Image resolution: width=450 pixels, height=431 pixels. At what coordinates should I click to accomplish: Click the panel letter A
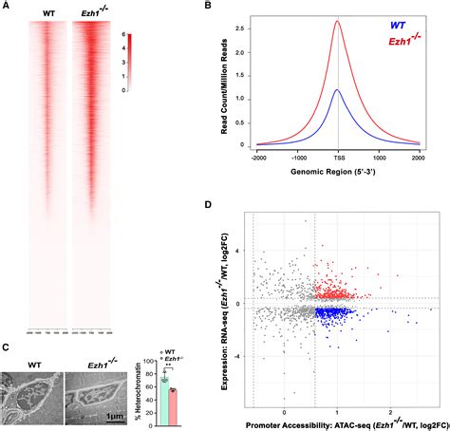pos(7,7)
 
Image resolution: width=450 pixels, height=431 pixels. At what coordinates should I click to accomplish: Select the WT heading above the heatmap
pos(49,13)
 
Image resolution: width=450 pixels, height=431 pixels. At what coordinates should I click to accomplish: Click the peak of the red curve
pos(338,22)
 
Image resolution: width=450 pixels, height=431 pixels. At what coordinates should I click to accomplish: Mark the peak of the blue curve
pos(338,90)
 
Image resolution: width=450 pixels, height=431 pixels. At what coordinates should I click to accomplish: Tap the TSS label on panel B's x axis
pos(338,155)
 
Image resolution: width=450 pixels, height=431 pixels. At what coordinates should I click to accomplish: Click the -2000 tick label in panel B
pos(255,155)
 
